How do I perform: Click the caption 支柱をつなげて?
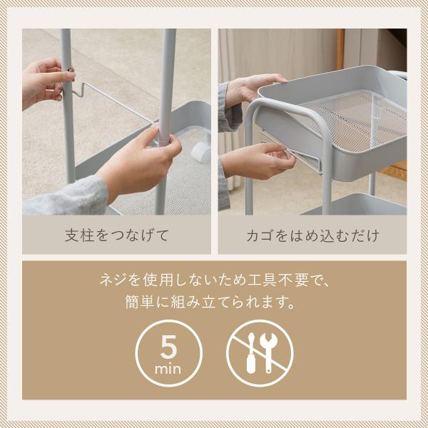click(x=117, y=235)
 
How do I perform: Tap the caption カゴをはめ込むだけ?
click(x=313, y=235)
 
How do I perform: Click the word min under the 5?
click(x=168, y=370)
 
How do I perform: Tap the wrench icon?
click(x=269, y=352)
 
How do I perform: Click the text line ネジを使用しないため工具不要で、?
click(x=215, y=280)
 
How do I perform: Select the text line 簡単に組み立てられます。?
click(x=210, y=302)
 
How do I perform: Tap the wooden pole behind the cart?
click(x=340, y=49)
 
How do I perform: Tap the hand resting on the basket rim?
click(x=254, y=87)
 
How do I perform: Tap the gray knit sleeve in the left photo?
click(x=66, y=196)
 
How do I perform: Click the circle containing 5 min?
click(x=168, y=353)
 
